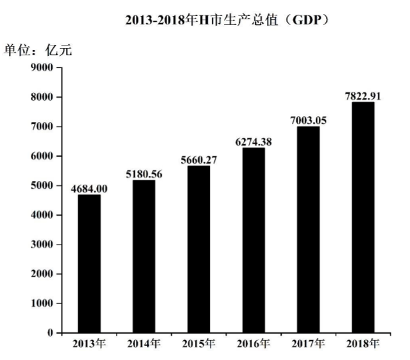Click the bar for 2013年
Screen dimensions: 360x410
(x=89, y=263)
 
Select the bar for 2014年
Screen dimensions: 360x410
(x=144, y=256)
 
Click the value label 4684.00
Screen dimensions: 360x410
(x=89, y=188)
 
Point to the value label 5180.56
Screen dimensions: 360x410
(x=144, y=173)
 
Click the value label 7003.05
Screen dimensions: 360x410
(x=308, y=120)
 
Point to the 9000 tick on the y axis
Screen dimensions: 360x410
(x=43, y=67)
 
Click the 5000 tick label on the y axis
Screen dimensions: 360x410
(x=43, y=185)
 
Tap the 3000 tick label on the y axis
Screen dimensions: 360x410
(x=43, y=244)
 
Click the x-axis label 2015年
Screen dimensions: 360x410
(x=198, y=344)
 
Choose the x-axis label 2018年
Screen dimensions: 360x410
(x=363, y=344)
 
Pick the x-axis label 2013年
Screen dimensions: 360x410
(x=89, y=344)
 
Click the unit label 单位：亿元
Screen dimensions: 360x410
(x=38, y=51)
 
